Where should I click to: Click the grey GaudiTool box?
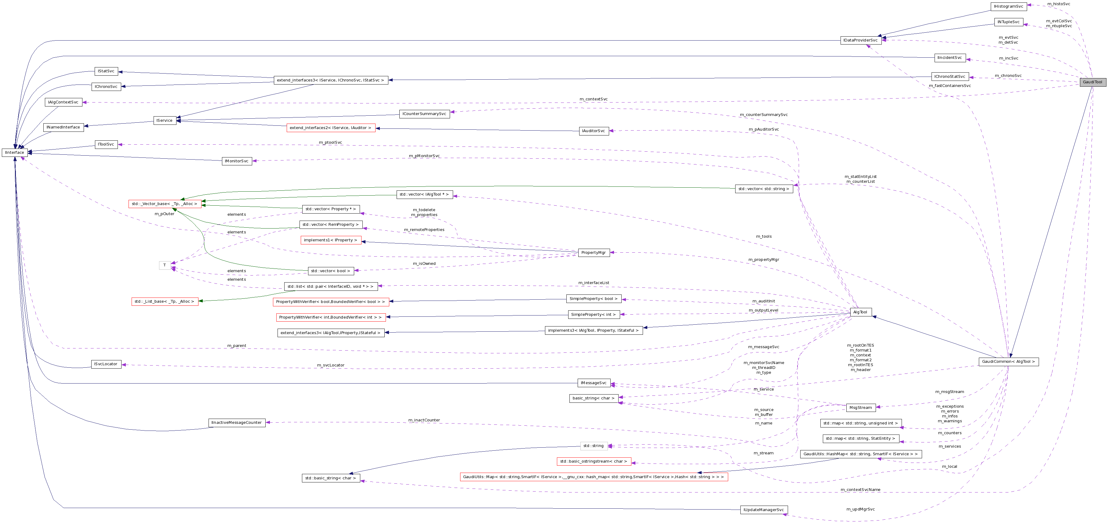1092,82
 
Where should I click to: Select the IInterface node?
15,153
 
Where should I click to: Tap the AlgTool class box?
861,312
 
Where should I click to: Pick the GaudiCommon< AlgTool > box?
1008,362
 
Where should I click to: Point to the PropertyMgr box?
593,253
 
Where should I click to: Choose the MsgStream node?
861,407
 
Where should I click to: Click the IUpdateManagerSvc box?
764,510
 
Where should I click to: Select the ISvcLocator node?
106,364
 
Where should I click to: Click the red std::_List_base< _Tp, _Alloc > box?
165,302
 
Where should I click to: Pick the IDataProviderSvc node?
861,40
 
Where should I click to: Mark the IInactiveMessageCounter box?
237,423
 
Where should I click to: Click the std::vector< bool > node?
331,271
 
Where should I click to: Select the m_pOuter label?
165,214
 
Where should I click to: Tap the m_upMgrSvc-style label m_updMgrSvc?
860,509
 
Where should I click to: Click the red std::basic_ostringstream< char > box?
594,462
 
